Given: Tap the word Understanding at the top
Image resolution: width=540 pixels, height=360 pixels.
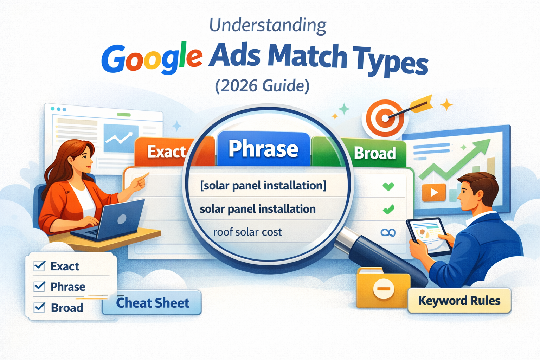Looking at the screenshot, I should click(x=268, y=25).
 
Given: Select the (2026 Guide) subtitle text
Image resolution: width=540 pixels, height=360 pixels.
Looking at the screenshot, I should click(x=262, y=86).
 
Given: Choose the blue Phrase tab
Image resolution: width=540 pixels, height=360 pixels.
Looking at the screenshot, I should click(x=263, y=149).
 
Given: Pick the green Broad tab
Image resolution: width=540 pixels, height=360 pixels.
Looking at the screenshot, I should click(x=375, y=153).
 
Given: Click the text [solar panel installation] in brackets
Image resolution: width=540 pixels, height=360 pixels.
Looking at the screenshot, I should click(x=263, y=185).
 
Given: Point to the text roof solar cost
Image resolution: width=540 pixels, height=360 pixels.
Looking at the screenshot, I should click(x=247, y=232).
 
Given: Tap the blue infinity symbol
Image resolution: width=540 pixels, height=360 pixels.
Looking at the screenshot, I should click(x=388, y=232).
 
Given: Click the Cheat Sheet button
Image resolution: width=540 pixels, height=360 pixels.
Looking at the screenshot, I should click(x=152, y=303).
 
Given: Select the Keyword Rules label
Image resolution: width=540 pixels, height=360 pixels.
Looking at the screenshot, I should click(x=459, y=301).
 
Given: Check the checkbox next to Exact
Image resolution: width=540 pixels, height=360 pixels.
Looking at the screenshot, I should click(x=39, y=266).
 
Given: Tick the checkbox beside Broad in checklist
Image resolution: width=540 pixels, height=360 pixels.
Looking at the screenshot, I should click(x=39, y=308).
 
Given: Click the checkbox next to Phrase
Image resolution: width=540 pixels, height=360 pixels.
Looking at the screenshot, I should click(x=39, y=287).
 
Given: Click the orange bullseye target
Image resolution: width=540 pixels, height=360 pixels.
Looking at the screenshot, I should click(x=385, y=118).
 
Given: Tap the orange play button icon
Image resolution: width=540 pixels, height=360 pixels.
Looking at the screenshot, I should click(x=434, y=193).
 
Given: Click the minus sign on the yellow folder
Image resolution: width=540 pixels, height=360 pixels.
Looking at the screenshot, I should click(x=383, y=289).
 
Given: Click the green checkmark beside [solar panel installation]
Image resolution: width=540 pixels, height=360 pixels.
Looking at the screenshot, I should click(x=388, y=186).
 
